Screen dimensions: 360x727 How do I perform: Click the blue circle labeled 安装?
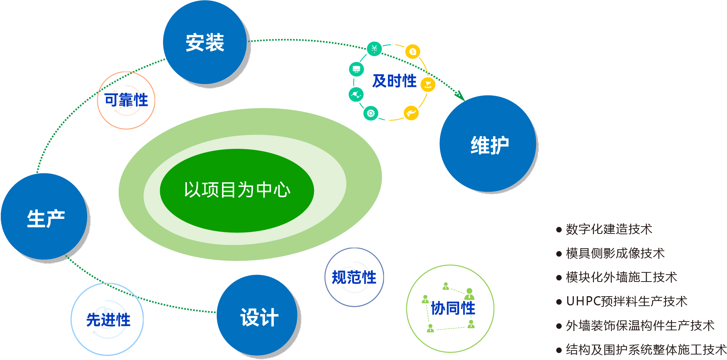pos(205,43)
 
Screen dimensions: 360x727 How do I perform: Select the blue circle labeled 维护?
pos(488,144)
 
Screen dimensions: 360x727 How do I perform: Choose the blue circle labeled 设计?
pos(258,316)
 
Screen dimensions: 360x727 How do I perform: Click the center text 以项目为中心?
pos(237,190)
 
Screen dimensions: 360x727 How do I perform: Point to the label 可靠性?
pos(126,100)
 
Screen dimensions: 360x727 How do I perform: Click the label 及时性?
pos(394,81)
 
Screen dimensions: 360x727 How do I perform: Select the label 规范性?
pos(354,278)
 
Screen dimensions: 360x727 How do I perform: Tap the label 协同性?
pos(453,308)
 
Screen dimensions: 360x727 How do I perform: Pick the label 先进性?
pos(108,320)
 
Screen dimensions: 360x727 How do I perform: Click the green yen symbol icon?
pos(374,48)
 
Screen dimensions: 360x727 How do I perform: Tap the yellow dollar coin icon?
pos(413,52)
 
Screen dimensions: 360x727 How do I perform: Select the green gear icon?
pos(370,113)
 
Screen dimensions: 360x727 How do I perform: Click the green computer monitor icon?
pos(356,69)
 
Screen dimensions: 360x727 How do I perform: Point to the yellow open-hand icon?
pos(411,113)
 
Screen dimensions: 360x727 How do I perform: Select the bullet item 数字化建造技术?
pos(609,229)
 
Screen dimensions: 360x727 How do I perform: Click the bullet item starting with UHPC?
pos(626,301)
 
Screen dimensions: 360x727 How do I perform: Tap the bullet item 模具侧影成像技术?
pos(615,253)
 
